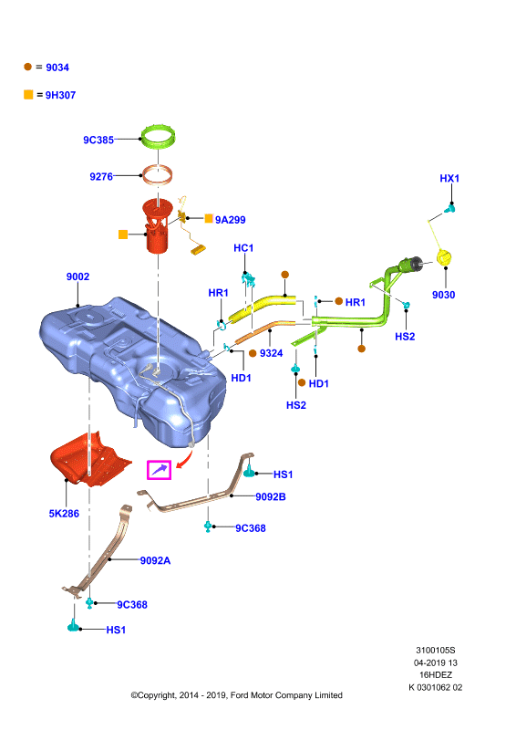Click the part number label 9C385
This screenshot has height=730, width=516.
coord(98,140)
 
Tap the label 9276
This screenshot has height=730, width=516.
coord(101,176)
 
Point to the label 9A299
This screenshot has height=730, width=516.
coord(231,220)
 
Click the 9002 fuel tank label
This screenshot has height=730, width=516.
coord(77,276)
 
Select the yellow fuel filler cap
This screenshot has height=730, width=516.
coord(445,257)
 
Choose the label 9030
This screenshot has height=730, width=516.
coord(443,295)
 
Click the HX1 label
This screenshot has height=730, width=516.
coord(449,178)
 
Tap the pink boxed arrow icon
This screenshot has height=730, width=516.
coord(160,469)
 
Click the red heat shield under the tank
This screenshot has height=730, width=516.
coord(91,459)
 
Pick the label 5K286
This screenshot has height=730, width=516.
coord(64,514)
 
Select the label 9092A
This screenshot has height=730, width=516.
coord(155,560)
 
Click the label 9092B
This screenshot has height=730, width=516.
coord(271,496)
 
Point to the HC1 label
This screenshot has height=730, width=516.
coord(243,248)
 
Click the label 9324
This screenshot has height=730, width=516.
coord(272,353)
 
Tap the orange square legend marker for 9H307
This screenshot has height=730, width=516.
coord(28,95)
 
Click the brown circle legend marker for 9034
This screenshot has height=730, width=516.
coord(28,67)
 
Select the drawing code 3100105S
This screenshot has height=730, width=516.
coord(436,651)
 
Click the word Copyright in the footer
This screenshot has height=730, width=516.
coord(156,695)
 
